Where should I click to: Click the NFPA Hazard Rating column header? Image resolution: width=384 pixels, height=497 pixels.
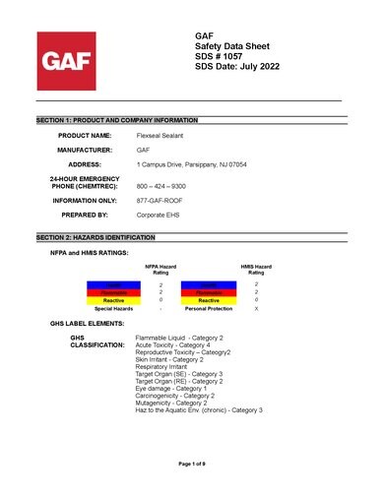point(160,270)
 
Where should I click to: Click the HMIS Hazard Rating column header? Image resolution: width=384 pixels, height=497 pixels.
point(257,270)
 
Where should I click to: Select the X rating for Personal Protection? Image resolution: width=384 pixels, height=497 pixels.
point(257,308)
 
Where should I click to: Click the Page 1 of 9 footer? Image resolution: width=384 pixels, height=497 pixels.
point(191,463)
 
